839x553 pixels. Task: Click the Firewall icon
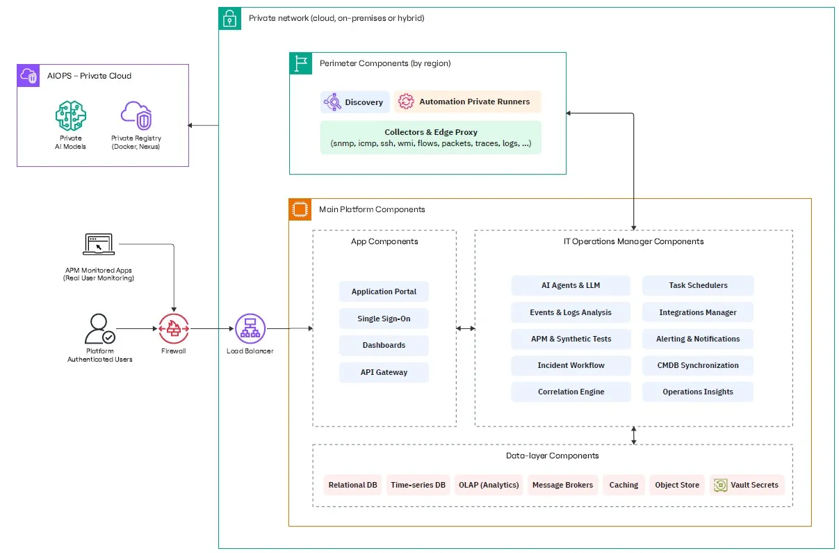(173, 328)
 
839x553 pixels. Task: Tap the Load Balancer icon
(250, 328)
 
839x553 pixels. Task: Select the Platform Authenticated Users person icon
(99, 328)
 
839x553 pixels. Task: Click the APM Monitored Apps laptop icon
(99, 244)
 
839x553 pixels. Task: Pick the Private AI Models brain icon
(71, 115)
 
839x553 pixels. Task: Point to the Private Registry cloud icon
(136, 115)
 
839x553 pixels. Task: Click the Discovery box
(355, 102)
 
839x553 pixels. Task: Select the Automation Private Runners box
(467, 102)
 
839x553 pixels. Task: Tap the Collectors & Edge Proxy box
(431, 138)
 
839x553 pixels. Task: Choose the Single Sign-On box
(384, 319)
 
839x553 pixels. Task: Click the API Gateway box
(384, 372)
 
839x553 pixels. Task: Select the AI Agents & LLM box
(571, 285)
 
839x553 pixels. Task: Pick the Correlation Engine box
(571, 392)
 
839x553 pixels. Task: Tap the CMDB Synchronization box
(698, 365)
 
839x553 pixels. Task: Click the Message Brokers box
(562, 485)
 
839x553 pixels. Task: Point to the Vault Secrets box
(747, 485)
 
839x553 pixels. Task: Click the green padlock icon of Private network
(229, 18)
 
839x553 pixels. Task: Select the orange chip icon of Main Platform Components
(300, 209)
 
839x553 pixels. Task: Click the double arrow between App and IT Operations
(466, 328)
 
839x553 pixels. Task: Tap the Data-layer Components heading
(553, 456)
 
